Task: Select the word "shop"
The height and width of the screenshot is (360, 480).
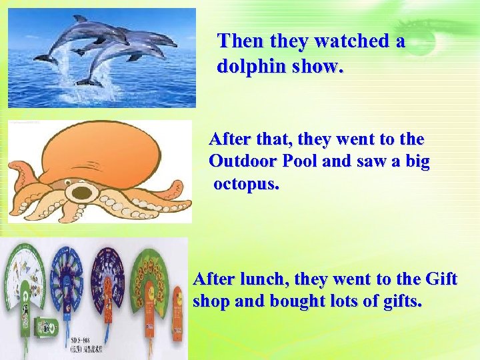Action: (210, 301)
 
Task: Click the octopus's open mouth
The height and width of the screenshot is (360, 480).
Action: (83, 192)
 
